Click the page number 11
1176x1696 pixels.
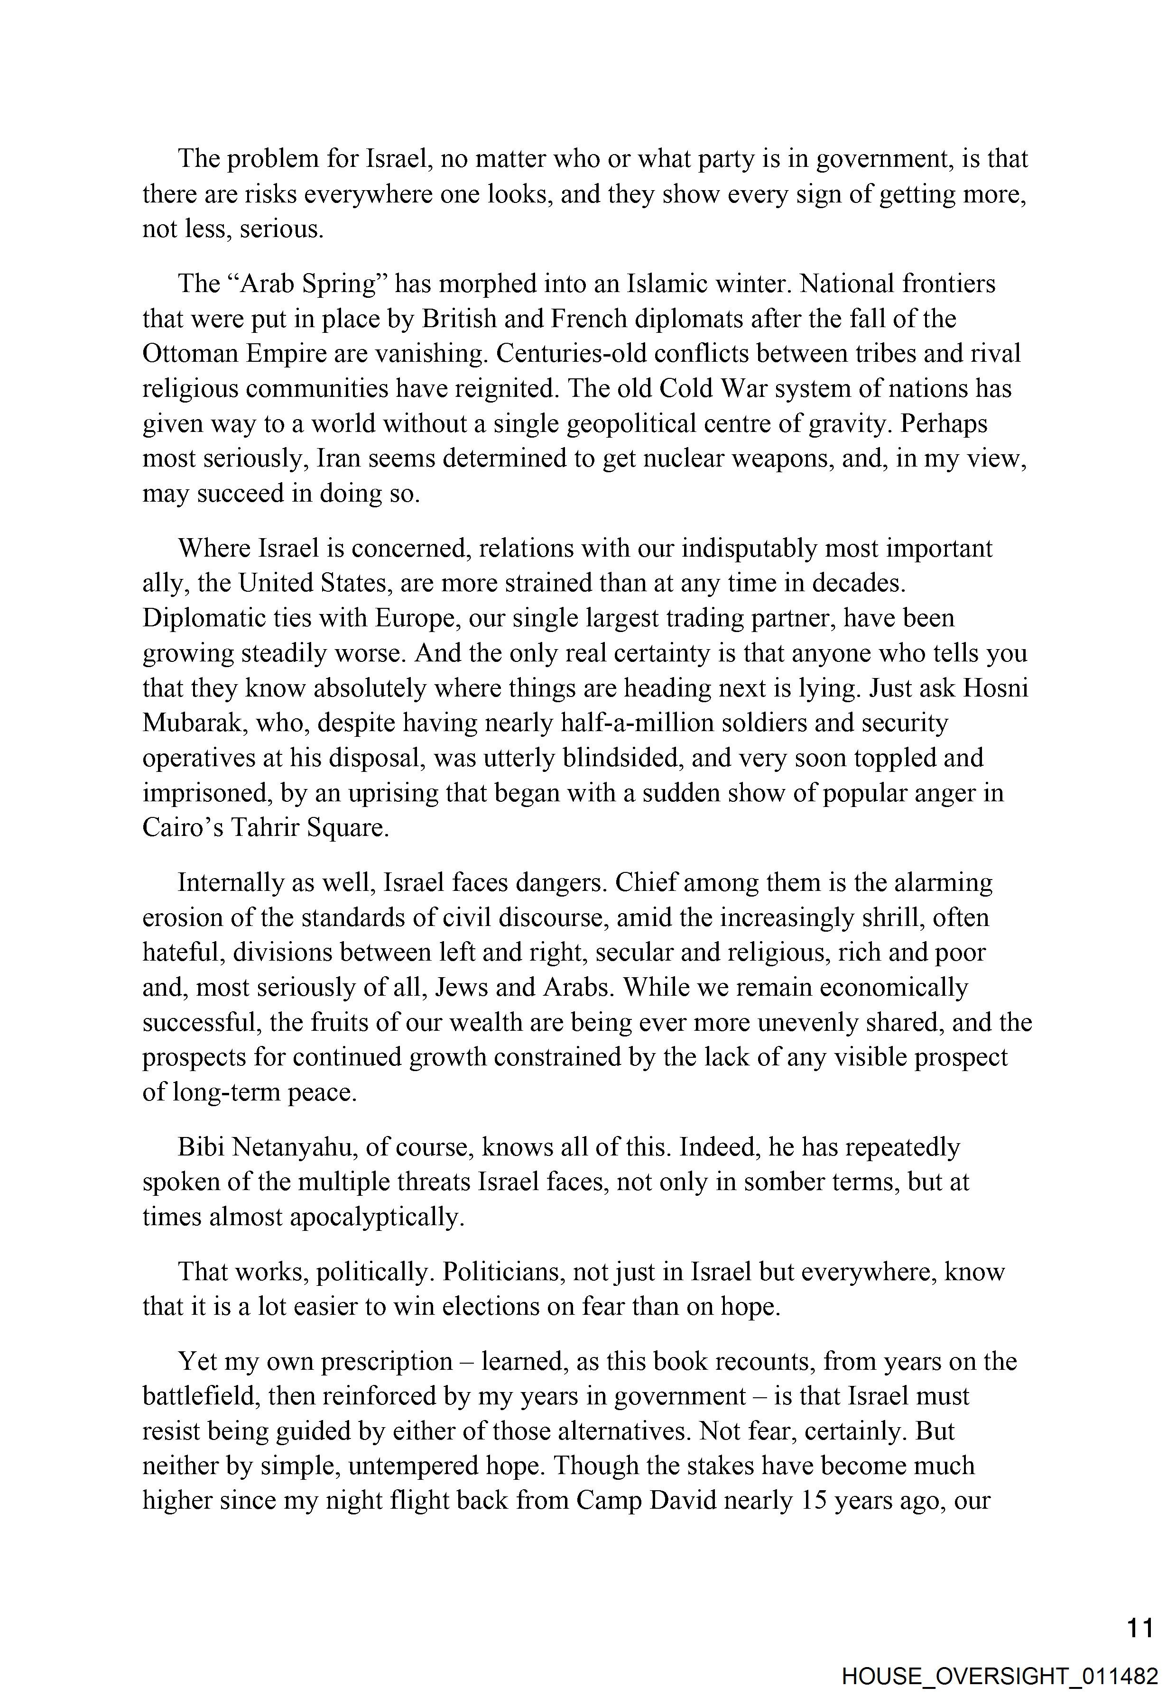pyautogui.click(x=1140, y=1628)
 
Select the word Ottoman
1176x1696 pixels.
pyautogui.click(x=190, y=354)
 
